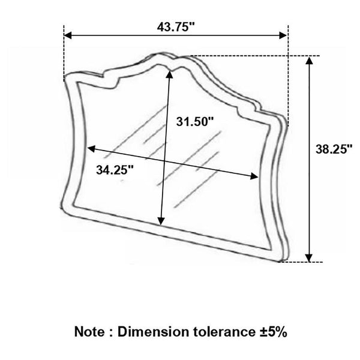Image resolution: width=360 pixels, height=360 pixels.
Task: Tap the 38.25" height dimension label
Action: [x=333, y=151]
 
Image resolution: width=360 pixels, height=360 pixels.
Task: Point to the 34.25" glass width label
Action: [x=114, y=170]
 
